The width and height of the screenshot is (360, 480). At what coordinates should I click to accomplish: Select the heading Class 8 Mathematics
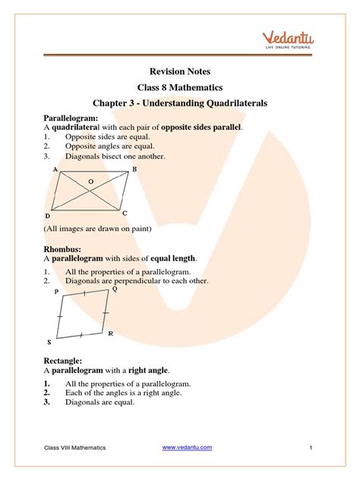click(180, 87)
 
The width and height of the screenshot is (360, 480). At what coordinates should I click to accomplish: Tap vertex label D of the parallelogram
click(47, 216)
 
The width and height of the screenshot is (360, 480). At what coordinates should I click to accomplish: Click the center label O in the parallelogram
click(91, 182)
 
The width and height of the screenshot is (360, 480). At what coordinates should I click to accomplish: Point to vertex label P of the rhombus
click(56, 291)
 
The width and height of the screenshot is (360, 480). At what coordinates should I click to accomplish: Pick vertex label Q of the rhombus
click(115, 289)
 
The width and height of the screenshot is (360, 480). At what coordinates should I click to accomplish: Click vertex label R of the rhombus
click(111, 333)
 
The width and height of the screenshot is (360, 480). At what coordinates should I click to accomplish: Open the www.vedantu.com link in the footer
click(188, 447)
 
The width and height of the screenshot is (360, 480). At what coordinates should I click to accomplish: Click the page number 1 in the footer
click(311, 448)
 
